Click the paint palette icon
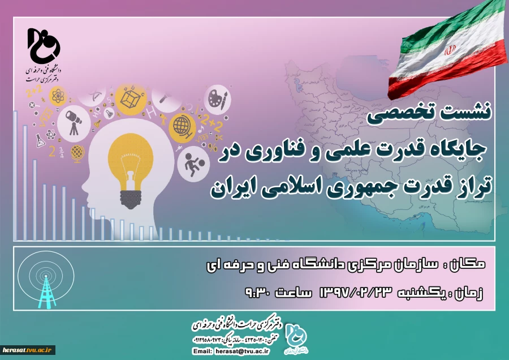coord(217,99)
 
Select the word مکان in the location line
coord(469,264)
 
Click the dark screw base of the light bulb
coord(130,196)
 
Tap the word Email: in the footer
coord(202,352)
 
